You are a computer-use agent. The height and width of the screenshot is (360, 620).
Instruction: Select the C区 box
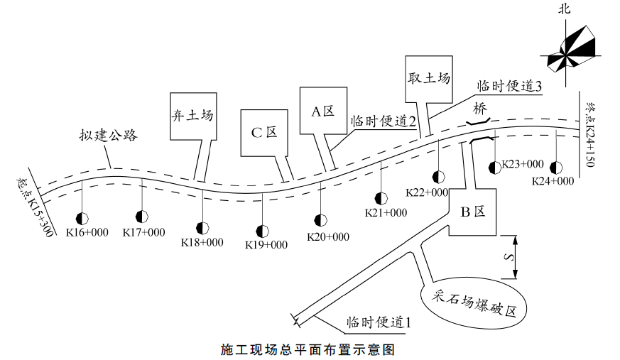[264, 133]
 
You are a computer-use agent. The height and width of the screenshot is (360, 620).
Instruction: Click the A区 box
[323, 111]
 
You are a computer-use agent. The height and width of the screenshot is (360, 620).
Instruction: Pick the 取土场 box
[428, 77]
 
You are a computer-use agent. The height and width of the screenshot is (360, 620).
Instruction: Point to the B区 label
[472, 211]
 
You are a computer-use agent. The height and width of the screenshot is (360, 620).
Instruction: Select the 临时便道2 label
[383, 121]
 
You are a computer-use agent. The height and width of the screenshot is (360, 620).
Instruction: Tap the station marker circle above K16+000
[83, 217]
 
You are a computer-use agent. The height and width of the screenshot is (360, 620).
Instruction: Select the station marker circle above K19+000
[263, 231]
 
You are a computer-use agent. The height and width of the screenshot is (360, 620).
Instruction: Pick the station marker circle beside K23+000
[495, 168]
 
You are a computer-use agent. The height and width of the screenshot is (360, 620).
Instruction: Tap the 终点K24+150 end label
[588, 135]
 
